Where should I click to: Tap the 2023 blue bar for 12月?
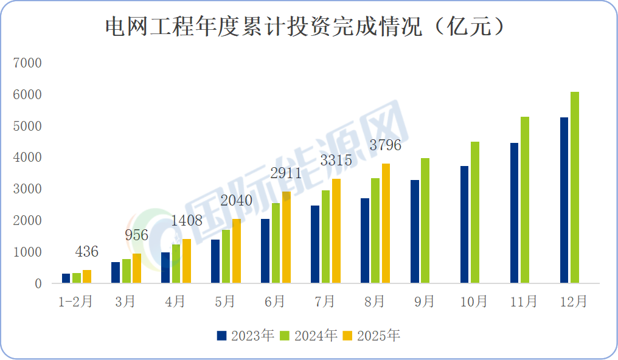(564, 200)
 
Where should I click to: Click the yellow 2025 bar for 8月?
(386, 223)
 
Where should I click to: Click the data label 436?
(86, 252)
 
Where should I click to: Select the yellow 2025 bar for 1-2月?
(87, 277)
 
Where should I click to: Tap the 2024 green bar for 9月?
(425, 220)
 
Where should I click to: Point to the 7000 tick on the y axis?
(29, 63)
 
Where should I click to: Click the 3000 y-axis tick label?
(29, 189)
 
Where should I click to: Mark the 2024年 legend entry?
(308, 335)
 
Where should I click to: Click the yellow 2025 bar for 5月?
(236, 251)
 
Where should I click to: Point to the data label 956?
(136, 235)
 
